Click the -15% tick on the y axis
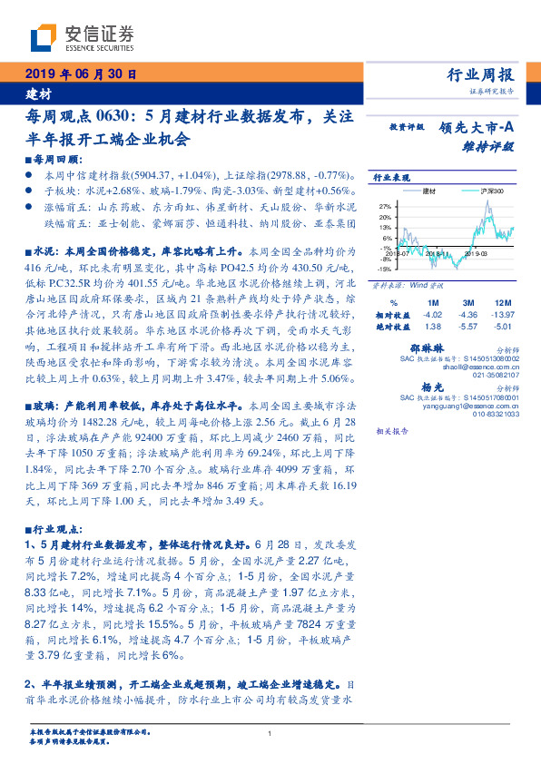click(x=384, y=269)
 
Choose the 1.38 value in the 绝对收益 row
click(x=432, y=325)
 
